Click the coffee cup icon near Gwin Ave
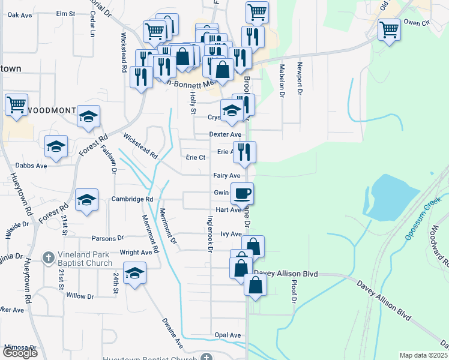pos(243,193)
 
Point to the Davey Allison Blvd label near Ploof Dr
pos(285,274)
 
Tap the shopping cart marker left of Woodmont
pos(16,104)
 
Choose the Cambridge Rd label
pos(133,199)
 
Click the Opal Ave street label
pos(228,335)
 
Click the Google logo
pos(20,352)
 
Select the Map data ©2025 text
pos(424,355)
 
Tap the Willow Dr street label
pos(80,296)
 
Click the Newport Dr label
pos(298,79)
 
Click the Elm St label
pos(65,13)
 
